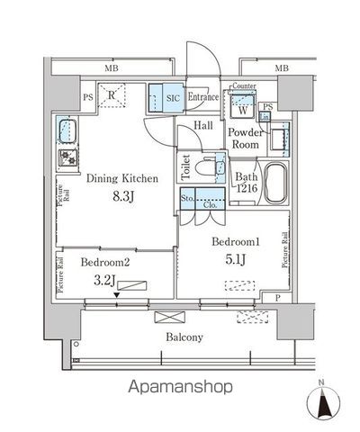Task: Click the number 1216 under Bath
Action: coord(247,189)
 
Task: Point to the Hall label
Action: coord(203,127)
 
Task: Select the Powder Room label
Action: coord(245,138)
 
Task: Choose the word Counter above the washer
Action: coord(244,86)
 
